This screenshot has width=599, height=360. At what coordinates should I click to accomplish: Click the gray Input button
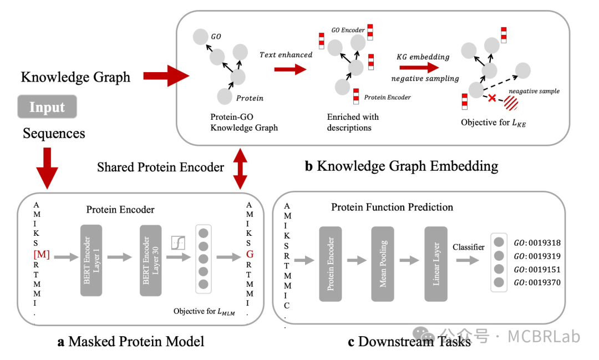(x=47, y=107)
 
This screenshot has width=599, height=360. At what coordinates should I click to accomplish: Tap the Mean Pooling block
(x=383, y=263)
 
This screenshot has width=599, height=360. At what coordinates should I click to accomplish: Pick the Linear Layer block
(x=436, y=263)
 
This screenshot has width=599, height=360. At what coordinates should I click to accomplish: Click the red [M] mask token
(x=42, y=254)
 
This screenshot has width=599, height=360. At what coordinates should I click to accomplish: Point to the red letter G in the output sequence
(x=250, y=254)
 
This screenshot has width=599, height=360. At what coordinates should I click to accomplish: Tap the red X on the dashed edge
(x=491, y=98)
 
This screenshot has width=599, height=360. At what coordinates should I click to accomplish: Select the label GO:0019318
(x=537, y=242)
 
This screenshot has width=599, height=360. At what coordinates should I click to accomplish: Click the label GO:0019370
(x=537, y=282)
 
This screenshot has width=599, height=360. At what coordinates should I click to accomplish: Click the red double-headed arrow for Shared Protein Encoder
(x=240, y=167)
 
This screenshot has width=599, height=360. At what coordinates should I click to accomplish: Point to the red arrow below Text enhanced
(x=292, y=69)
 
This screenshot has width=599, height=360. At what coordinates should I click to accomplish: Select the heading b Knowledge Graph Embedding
(x=401, y=165)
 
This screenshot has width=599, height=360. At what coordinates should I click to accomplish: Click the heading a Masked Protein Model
(x=131, y=341)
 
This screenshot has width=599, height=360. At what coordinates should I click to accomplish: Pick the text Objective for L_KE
(x=493, y=122)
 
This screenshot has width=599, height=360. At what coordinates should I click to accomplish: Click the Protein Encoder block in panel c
(x=331, y=263)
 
